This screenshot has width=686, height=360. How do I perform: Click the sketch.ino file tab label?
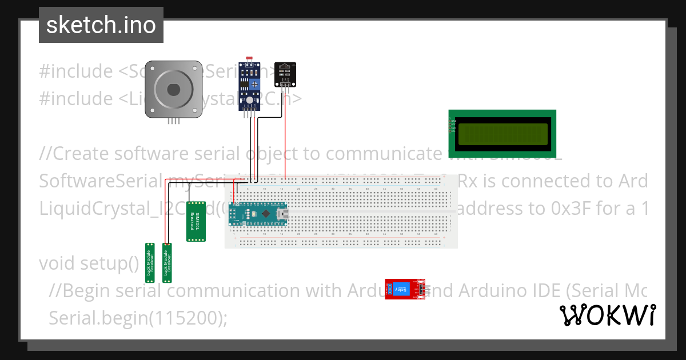pos(101,25)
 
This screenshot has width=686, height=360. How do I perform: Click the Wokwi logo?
pos(607,315)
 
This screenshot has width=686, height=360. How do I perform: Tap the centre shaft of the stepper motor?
pos(173,90)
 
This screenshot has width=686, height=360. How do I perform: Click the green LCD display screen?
pos(501,134)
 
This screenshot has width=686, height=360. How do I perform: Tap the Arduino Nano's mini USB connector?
pos(281,213)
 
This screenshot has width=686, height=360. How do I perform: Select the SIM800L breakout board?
pos(196,221)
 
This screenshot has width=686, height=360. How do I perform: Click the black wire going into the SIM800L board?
pos(189,194)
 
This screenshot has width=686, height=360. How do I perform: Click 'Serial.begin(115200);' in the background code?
pos(138,318)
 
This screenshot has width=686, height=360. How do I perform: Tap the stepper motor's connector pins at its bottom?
pos(174,121)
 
